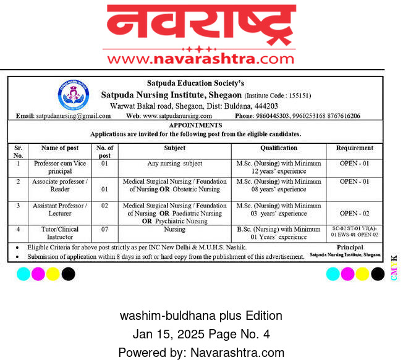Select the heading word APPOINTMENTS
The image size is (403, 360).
coord(195,125)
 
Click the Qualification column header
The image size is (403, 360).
coord(279,148)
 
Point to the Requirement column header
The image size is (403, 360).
coord(355,148)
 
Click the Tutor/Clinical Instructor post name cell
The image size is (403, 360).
coord(59,233)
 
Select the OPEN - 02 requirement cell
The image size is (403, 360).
coord(355,213)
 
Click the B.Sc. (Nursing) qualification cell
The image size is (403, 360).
coord(279,233)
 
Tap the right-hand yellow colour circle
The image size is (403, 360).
coord(362,273)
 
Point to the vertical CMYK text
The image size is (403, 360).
coord(394,268)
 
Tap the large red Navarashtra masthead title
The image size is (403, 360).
coord(201,25)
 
